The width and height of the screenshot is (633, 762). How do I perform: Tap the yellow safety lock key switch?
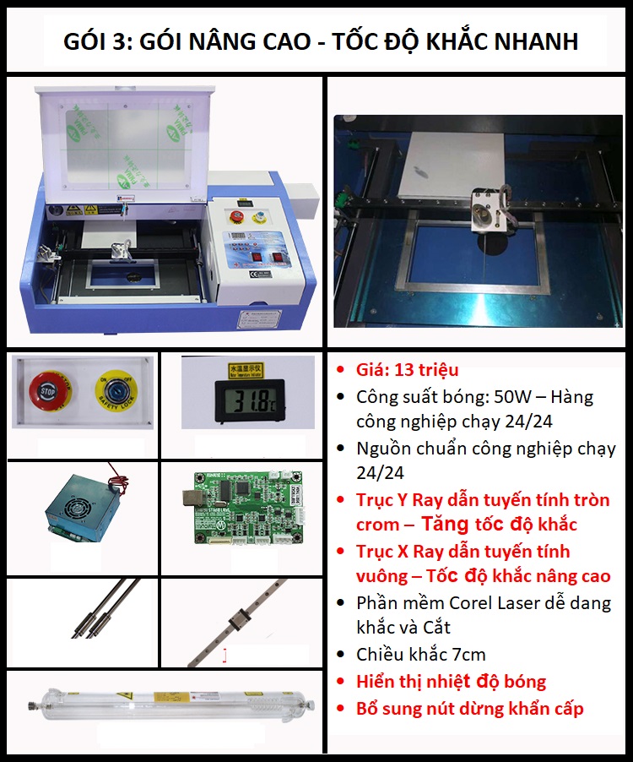click(116, 391)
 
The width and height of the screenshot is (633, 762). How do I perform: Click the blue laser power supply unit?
click(84, 505)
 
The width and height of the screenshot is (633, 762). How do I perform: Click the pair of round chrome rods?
click(105, 608)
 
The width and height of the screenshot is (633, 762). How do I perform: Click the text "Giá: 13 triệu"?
click(408, 370)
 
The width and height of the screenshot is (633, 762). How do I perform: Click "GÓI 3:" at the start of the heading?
click(98, 41)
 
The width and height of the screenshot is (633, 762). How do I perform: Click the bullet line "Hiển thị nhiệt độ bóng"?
click(451, 682)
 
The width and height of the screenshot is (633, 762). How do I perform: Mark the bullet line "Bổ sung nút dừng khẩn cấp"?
click(470, 709)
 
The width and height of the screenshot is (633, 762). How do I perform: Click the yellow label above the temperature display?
click(245, 370)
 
